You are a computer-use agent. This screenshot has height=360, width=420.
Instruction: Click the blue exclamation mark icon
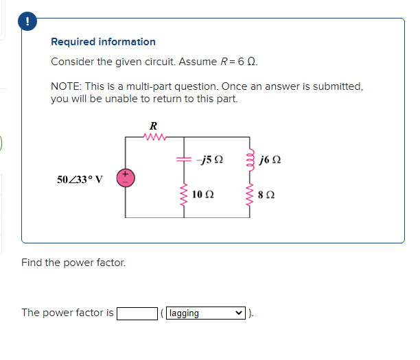pos(27,22)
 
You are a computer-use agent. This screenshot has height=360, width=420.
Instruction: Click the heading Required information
pos(103,42)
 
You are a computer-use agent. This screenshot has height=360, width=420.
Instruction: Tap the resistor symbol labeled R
pos(153,137)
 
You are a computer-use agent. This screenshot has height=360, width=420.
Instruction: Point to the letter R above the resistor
pos(153,126)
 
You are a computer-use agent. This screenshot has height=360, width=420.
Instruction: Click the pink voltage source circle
pos(126,178)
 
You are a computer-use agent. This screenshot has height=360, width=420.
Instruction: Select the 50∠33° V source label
pos(80,180)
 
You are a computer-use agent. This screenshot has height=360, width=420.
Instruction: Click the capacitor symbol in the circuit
pos(185,158)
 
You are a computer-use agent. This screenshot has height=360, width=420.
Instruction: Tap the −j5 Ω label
pos(209,160)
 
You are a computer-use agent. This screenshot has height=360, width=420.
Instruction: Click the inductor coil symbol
pos(247,160)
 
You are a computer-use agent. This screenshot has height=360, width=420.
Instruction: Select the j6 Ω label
pos(270,160)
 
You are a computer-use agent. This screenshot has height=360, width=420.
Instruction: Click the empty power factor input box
pos(137,313)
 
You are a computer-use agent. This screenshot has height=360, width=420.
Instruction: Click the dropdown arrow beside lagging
pos(238,313)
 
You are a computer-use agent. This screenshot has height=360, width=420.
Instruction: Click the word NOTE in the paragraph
pos(65,87)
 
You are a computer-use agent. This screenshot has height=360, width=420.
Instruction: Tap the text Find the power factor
pos(73,263)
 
